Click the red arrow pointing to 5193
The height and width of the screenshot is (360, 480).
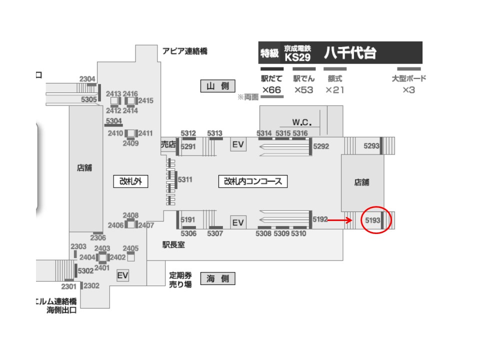[x=340, y=219]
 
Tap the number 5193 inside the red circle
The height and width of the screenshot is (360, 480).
[x=373, y=219]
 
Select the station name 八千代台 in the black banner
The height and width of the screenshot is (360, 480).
[x=350, y=53]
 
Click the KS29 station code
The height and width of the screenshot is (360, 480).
[x=297, y=57]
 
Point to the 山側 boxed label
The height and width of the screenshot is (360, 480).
[x=217, y=86]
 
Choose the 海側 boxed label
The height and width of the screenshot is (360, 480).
[x=217, y=279]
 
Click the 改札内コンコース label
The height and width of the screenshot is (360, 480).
[x=253, y=181]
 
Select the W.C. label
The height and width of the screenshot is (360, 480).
[x=302, y=122]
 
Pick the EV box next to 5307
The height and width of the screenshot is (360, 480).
[x=238, y=222]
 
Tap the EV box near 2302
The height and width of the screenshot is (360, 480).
[x=122, y=275]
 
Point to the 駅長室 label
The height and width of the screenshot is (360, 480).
[x=173, y=245]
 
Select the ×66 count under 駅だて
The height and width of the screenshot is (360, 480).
[x=271, y=90]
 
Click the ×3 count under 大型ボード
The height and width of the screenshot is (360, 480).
[x=408, y=90]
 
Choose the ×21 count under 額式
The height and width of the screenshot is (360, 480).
[x=334, y=90]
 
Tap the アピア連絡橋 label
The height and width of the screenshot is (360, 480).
[x=184, y=51]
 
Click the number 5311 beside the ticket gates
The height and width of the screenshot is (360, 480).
[x=185, y=179]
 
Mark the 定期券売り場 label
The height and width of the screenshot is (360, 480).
[x=180, y=279]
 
